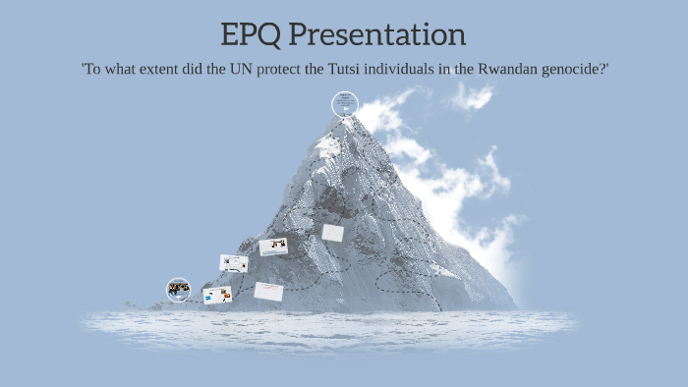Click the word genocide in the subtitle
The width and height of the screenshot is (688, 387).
[581, 72]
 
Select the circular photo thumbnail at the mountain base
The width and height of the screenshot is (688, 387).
[178, 289]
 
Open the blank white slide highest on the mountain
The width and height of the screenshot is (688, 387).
[333, 233]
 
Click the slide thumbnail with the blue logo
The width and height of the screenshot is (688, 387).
[217, 295]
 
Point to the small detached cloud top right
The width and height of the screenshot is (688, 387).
[473, 96]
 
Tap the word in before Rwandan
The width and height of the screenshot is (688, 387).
[482, 72]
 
